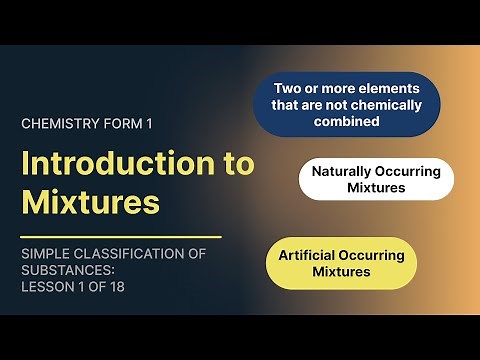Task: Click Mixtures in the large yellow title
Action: coord(90,202)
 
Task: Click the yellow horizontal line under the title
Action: coord(120,237)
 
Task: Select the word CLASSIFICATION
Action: coord(131,254)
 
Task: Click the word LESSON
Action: coord(47,288)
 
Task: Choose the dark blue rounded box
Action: coord(346,104)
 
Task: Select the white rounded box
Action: coord(376,179)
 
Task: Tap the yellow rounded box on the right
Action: coord(341,263)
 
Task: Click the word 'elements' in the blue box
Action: coord(389,88)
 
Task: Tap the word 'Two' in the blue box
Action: coord(288,88)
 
